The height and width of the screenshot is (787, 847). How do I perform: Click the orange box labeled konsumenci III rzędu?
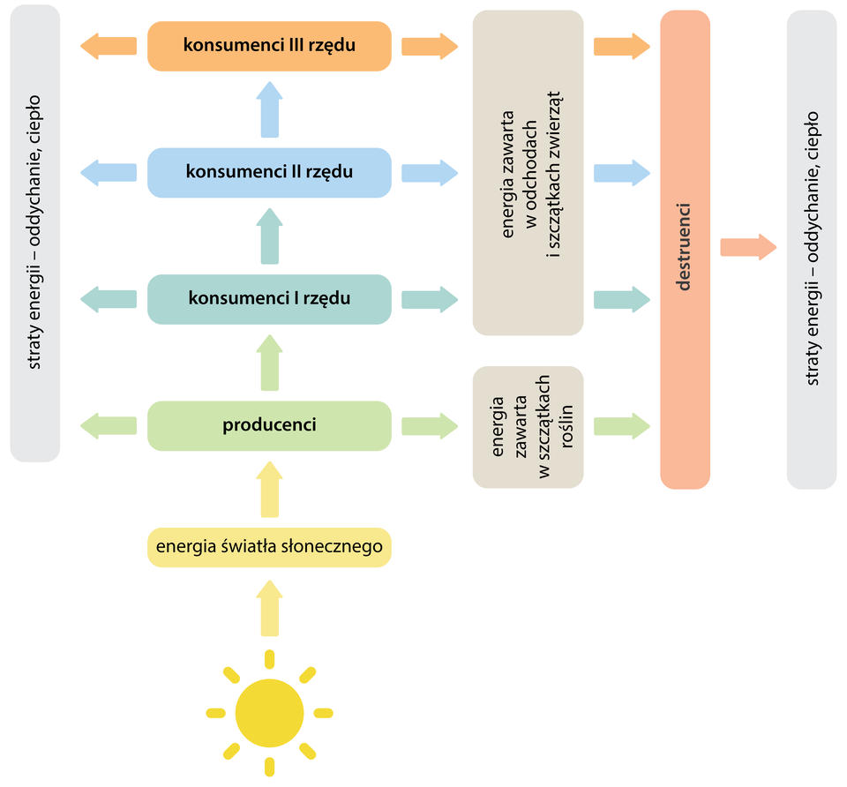[x=269, y=45]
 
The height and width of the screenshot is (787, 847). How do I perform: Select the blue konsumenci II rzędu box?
[x=269, y=172]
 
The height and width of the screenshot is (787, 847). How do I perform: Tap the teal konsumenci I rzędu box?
[x=269, y=298]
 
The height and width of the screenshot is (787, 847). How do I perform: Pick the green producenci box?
[x=269, y=425]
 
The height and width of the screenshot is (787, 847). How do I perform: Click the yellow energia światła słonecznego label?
[x=269, y=546]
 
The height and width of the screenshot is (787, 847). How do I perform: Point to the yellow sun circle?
[x=269, y=711]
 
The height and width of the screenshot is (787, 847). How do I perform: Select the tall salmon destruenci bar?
[x=686, y=250]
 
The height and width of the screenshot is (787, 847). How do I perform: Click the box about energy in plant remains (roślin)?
[x=528, y=427]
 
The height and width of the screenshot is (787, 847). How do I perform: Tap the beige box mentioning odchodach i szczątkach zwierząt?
[x=528, y=173]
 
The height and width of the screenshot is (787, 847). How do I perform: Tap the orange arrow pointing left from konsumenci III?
[x=108, y=45]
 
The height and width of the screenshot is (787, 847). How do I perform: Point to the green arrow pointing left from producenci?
[x=108, y=426]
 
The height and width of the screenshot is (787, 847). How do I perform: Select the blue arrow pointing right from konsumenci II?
[x=430, y=172]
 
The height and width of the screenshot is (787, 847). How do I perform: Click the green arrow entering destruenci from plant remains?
[x=622, y=426]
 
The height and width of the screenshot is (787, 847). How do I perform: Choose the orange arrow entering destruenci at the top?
[x=622, y=46]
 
